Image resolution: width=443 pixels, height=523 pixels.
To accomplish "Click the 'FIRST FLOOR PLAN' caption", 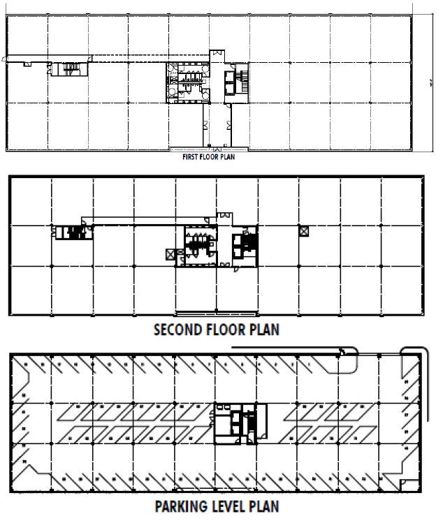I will (x=209, y=158).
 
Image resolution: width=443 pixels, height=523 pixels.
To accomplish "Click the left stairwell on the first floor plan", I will (x=69, y=68).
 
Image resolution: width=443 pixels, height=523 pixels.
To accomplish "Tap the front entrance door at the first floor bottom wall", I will (x=208, y=149).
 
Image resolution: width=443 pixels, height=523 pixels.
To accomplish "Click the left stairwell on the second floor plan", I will (x=70, y=233).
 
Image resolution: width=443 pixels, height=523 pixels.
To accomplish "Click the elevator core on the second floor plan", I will (x=245, y=246).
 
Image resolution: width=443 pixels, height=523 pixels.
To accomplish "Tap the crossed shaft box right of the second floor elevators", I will (x=303, y=231).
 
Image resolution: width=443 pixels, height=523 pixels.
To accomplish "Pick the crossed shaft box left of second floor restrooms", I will (x=170, y=254).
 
